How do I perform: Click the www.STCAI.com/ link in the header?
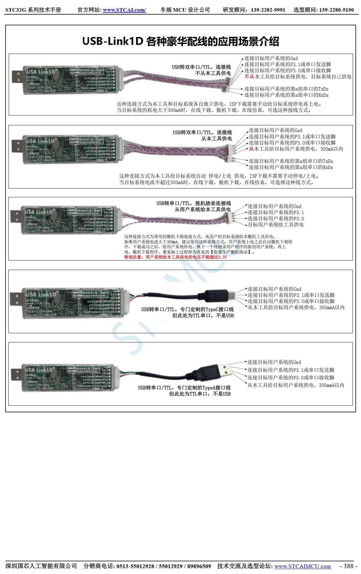pos(124,10)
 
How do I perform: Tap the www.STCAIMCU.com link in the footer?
pos(302,566)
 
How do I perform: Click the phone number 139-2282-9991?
pos(268,10)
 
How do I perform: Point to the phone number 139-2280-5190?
pos(336,10)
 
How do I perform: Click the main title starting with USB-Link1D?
pos(180,41)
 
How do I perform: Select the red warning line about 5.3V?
pos(175,257)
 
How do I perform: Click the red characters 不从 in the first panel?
pos(249,77)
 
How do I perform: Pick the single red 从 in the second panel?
pos(251,149)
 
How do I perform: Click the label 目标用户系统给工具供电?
pos(276,225)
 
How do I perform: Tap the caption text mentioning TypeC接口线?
pos(187,309)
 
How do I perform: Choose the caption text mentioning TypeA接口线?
pos(184,388)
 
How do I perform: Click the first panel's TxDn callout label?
pos(286,89)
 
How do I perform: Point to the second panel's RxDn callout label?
pos(291,167)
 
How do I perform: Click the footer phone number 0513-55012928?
pos(135,566)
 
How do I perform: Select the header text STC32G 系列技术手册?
pos(33,10)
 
